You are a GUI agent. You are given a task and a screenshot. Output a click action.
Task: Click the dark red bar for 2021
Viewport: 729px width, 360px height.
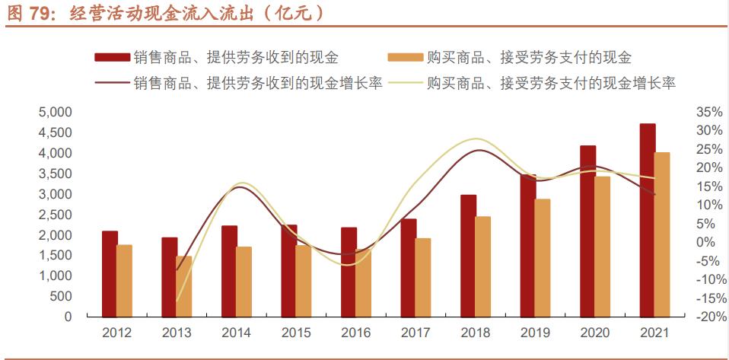(648, 220)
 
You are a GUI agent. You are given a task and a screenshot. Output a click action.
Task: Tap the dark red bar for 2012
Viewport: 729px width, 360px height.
(110, 273)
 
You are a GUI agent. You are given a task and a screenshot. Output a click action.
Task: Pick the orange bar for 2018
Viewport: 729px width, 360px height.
(483, 266)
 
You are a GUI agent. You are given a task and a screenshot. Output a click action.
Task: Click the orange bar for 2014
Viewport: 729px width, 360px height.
(244, 282)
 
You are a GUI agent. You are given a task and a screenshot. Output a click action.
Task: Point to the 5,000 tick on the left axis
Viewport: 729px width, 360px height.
(55, 112)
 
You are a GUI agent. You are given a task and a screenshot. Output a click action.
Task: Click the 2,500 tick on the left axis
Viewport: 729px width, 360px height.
(55, 215)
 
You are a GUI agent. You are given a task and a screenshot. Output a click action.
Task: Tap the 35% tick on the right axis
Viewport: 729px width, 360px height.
(708, 112)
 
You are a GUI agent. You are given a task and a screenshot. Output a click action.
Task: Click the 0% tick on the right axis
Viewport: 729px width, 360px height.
(708, 243)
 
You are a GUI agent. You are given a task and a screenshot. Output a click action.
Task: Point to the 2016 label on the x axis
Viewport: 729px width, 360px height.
(356, 333)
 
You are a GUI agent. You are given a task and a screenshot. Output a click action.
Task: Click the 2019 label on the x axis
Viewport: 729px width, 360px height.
(535, 333)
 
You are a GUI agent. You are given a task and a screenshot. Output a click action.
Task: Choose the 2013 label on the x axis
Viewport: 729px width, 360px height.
(177, 333)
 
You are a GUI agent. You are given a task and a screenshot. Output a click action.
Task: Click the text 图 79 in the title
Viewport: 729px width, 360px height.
(28, 14)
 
